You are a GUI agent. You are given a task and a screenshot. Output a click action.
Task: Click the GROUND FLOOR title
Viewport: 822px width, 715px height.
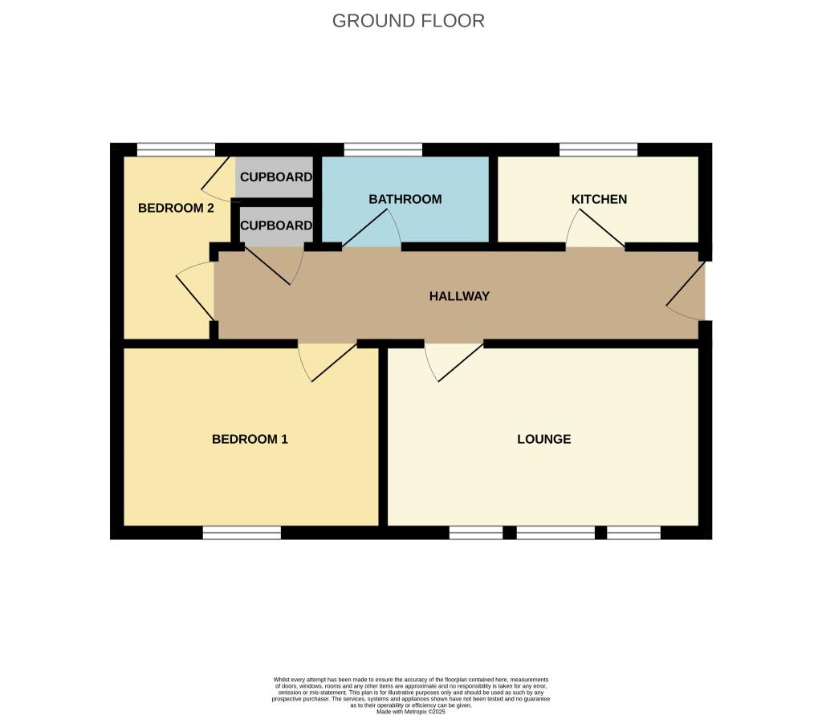coord(408,21)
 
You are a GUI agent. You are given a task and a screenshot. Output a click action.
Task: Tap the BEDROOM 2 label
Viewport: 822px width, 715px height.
coord(176,208)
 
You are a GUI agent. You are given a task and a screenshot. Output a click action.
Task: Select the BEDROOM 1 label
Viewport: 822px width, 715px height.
coord(250,439)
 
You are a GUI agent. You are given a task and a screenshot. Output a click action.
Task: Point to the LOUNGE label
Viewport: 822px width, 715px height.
coord(543,439)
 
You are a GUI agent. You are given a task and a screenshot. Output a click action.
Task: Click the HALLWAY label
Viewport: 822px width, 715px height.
coord(459,296)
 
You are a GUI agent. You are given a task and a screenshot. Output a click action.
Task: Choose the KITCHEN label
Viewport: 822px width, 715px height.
coord(599,199)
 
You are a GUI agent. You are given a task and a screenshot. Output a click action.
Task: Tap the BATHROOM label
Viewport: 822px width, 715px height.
coord(405,199)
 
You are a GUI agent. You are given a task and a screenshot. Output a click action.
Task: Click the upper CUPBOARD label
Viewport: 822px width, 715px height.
coord(276,177)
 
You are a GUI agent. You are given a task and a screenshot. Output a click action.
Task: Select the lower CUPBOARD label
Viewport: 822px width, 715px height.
coord(276,225)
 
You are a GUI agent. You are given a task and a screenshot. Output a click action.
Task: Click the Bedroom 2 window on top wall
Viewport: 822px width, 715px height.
coord(176,148)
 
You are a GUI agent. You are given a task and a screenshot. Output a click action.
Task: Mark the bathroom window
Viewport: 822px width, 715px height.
coord(383,148)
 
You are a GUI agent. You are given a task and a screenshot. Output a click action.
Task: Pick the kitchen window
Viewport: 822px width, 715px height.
coord(598,148)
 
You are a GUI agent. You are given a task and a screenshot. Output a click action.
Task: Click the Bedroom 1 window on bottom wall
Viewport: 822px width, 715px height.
coord(242,533)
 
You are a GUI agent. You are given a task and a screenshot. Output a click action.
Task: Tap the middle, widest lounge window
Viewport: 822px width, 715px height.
coord(555,533)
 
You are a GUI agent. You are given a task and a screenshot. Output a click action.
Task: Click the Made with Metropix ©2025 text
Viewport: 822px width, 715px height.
coord(410,711)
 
